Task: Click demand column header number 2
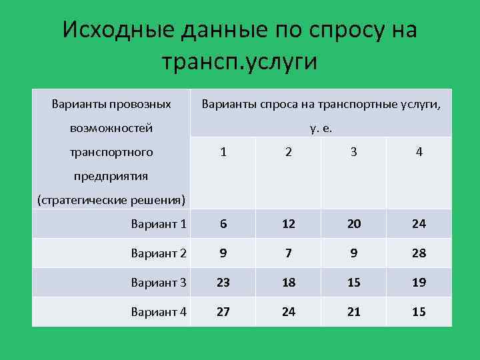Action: (x=288, y=152)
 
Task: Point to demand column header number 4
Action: (x=419, y=152)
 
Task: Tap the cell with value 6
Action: (x=223, y=224)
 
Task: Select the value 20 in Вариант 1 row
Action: (x=353, y=224)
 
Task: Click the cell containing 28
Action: (x=419, y=253)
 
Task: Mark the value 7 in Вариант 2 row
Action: (x=288, y=253)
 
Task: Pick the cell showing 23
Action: (x=223, y=282)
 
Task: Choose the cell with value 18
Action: (x=288, y=282)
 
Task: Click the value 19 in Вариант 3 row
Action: (x=419, y=282)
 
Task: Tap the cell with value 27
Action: (x=223, y=311)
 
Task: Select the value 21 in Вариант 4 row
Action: (x=353, y=311)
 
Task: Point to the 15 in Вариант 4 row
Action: (x=419, y=311)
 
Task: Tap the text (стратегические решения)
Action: (x=111, y=200)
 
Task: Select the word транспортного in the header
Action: (x=111, y=152)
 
